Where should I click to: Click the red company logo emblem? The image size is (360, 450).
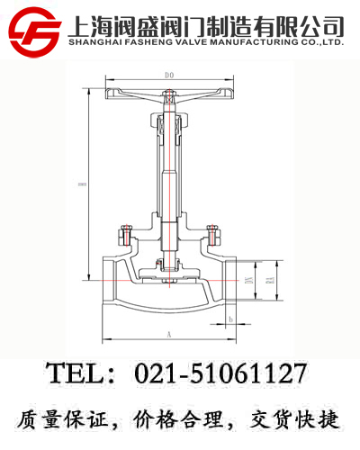34,30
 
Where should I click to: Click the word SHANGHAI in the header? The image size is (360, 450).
95,41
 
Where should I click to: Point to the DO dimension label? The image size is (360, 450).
167,75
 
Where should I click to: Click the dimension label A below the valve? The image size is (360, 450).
168,333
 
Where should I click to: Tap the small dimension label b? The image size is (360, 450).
231,319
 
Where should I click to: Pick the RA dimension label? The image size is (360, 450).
269,283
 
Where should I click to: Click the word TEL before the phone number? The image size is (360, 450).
77,373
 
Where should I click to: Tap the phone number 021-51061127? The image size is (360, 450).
220,373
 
